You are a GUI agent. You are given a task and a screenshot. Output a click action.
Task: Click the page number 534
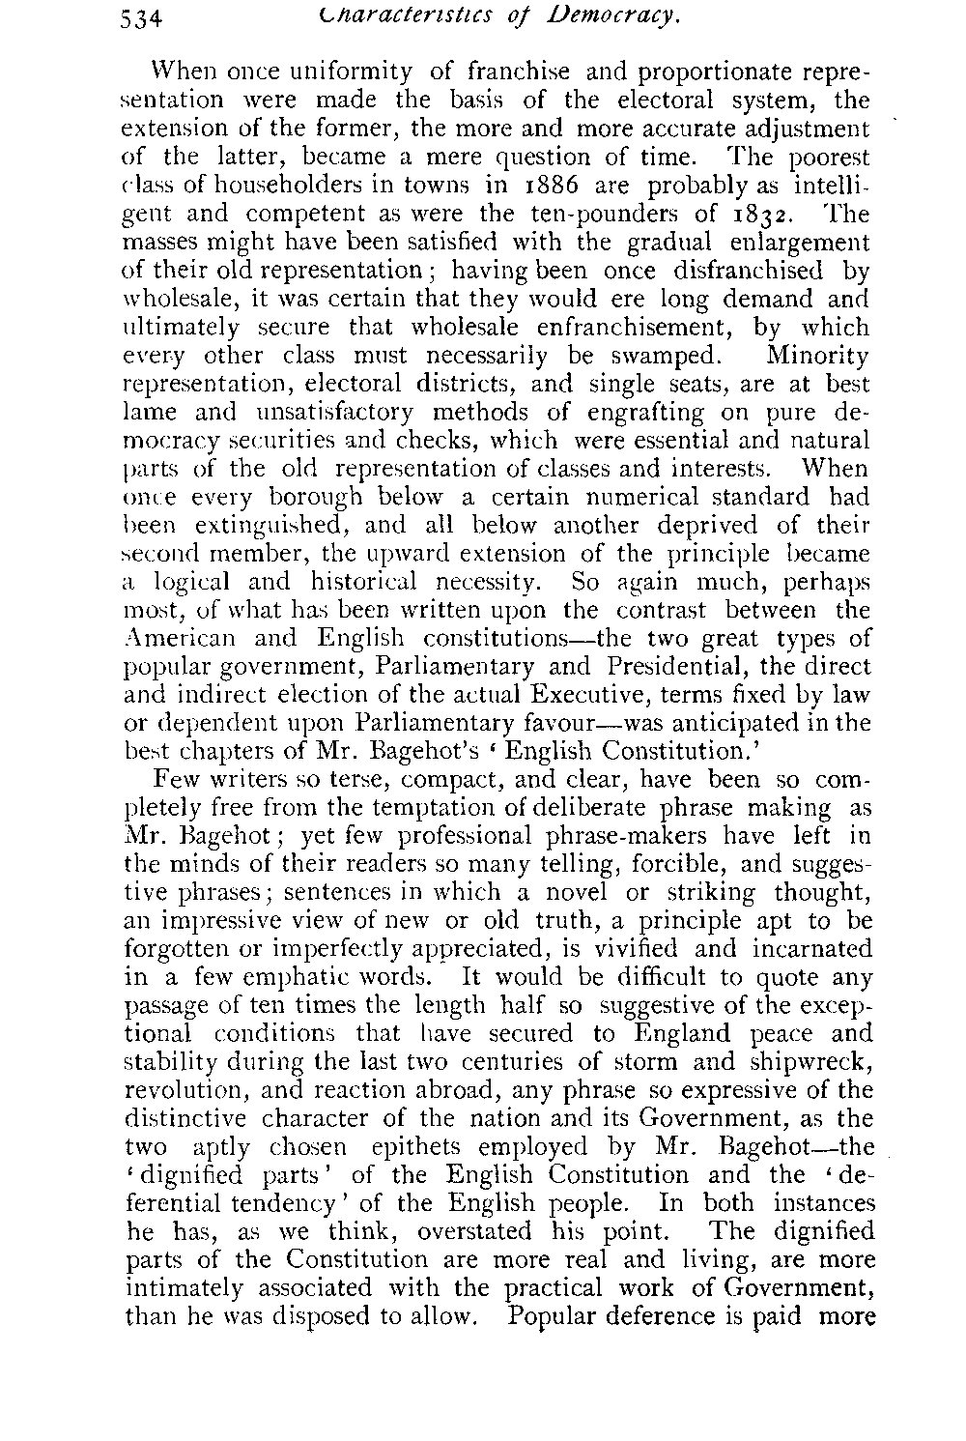coord(147,19)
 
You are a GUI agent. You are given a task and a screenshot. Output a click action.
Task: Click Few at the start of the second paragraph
coord(174,779)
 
